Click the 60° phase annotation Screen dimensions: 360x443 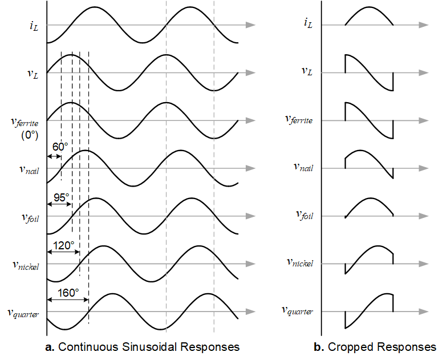click(x=60, y=147)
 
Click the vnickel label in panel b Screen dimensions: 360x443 click(x=300, y=263)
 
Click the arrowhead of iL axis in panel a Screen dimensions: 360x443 click(x=250, y=25)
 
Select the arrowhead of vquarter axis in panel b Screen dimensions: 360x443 click(x=422, y=312)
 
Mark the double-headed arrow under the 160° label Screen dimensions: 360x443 click(x=68, y=302)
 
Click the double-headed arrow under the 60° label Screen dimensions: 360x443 click(x=54, y=156)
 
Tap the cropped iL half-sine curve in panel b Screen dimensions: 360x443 click(x=369, y=9)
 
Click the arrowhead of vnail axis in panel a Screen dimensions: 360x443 click(x=250, y=168)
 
